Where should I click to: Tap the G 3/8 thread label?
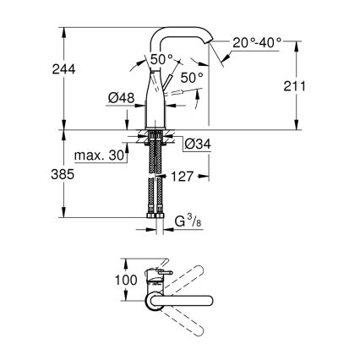click(187, 224)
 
